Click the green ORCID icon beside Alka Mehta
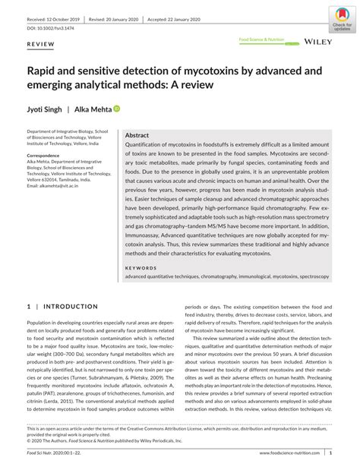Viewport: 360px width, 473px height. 117,109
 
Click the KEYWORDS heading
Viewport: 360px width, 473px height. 143,268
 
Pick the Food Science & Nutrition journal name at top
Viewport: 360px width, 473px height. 261,38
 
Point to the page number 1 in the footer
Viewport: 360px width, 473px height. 330,453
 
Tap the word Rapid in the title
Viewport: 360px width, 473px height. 44,70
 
